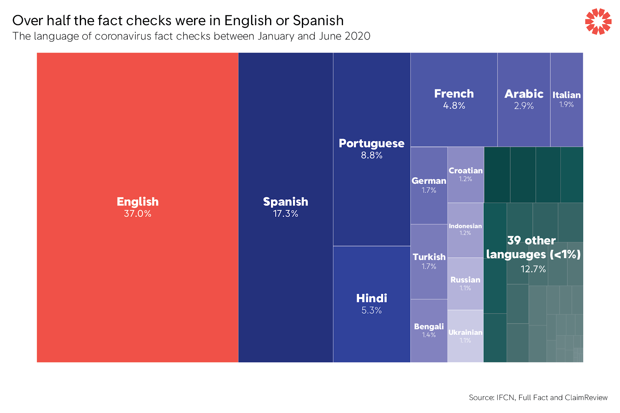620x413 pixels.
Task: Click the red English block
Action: (138, 155)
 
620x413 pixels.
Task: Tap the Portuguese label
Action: (371, 143)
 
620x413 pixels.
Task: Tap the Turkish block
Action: (429, 261)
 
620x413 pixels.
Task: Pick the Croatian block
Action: (465, 174)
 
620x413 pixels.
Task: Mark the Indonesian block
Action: (465, 230)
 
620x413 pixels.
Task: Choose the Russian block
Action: (465, 283)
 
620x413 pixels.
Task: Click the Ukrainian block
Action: (465, 336)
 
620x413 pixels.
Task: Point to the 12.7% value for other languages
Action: (533, 269)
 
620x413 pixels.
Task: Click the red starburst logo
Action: (598, 22)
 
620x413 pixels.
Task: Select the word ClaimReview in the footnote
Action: (586, 398)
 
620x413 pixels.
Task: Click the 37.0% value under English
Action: (138, 214)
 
